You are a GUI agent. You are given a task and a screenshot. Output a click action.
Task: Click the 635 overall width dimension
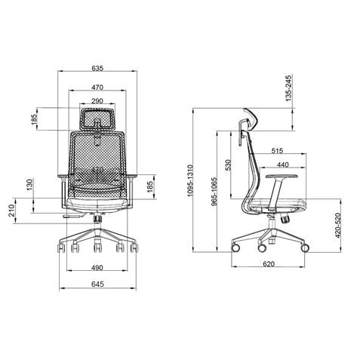[x=97, y=68]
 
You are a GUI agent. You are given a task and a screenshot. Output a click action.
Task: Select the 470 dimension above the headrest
[x=97, y=87]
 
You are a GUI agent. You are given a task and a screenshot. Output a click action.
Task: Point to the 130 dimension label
[x=30, y=185]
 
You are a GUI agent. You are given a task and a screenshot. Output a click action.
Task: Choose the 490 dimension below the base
[x=97, y=266]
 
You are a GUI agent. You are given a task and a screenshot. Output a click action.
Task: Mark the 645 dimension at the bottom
[x=97, y=285]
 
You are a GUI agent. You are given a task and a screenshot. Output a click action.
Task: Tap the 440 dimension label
[x=281, y=165]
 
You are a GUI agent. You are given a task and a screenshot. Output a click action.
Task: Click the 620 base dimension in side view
[x=268, y=264]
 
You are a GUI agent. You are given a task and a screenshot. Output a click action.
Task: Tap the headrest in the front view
[x=97, y=118]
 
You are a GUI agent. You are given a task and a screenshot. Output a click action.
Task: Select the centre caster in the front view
[x=97, y=245]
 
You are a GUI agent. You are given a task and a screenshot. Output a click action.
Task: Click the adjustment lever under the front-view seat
[x=73, y=217]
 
